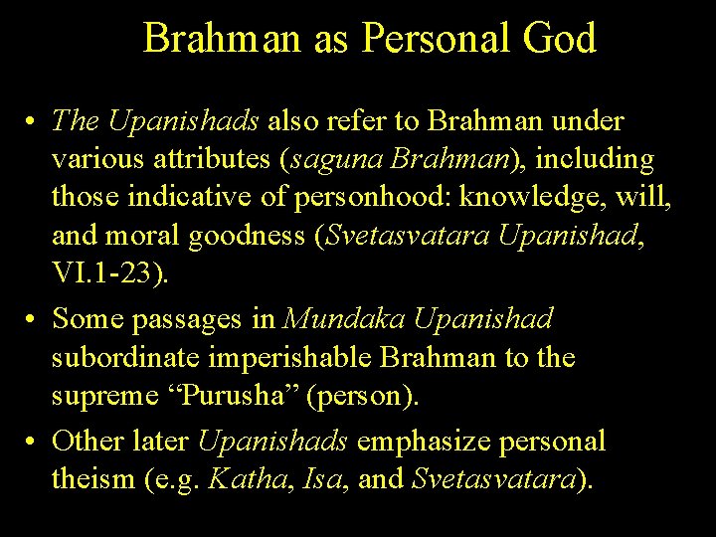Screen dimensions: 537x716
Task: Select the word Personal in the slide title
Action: click(x=434, y=38)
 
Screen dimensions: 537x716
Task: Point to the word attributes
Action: click(x=212, y=159)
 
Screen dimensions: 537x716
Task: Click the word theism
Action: click(x=92, y=479)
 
